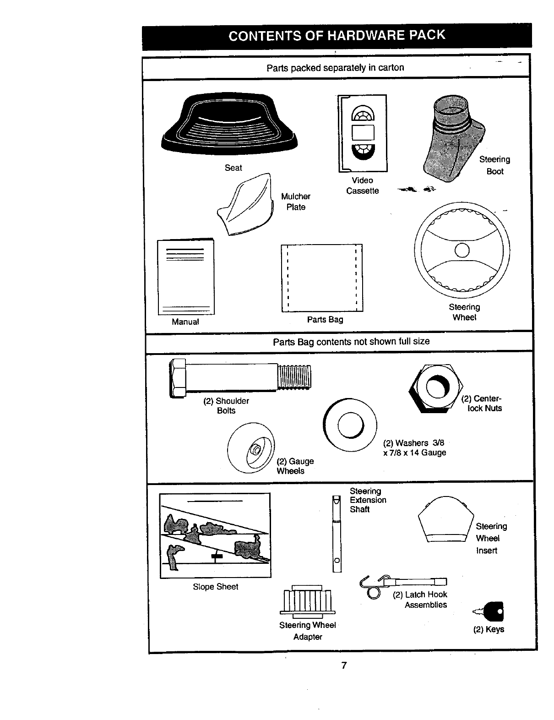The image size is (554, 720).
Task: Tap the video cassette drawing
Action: coord(363,133)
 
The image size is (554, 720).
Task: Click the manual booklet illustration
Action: coord(185,277)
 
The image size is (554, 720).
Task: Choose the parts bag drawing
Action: coord(322,278)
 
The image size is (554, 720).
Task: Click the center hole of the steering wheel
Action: coord(462,250)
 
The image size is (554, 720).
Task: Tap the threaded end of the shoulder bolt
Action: coord(294,376)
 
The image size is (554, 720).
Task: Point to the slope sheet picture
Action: coord(215,535)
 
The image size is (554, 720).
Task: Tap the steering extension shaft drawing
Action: coord(337,534)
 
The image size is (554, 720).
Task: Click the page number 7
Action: coord(344,665)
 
